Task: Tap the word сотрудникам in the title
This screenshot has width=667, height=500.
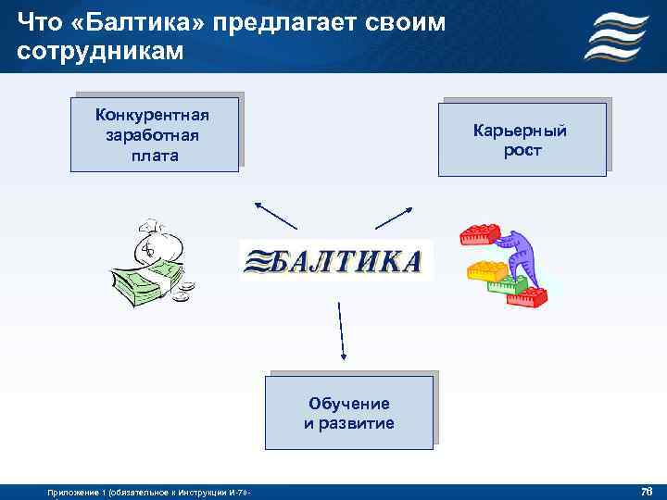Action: coord(101,50)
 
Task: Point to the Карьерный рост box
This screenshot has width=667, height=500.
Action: coord(522,140)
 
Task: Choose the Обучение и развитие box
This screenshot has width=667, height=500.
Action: coord(349,413)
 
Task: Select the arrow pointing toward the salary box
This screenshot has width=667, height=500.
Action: coord(275,216)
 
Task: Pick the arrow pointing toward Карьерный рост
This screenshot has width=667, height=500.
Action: coord(393,217)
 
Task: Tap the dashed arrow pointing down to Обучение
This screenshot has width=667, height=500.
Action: coord(342,329)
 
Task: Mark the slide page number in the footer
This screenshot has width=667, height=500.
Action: coord(646,489)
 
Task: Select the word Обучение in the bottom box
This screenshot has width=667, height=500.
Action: coord(349,404)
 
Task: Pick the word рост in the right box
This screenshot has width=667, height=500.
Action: coord(522,150)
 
